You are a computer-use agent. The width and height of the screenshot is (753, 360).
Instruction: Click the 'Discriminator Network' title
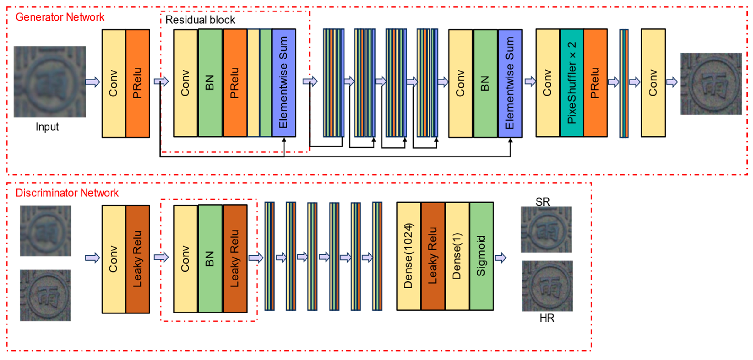[x=67, y=193]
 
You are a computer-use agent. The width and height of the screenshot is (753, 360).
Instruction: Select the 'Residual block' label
[x=200, y=20]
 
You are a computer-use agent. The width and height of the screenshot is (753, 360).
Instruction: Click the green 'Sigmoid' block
[x=481, y=256]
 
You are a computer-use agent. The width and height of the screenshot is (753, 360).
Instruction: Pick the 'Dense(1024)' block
[x=408, y=256]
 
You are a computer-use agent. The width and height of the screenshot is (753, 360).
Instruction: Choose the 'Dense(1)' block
[x=457, y=256]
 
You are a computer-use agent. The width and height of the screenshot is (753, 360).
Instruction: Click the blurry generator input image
[x=50, y=82]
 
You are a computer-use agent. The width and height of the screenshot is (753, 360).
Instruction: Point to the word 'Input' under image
[x=47, y=127]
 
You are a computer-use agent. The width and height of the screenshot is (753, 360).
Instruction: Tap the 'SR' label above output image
[x=543, y=202]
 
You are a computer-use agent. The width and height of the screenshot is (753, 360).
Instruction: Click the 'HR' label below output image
[x=547, y=318]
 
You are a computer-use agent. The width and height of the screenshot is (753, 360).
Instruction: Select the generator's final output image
[x=711, y=84]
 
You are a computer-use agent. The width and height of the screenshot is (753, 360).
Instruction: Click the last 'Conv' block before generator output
[x=653, y=83]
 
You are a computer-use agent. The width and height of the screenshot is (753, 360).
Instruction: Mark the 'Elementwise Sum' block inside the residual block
[x=284, y=83]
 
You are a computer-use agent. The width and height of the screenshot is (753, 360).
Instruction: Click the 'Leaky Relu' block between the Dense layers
[x=433, y=256]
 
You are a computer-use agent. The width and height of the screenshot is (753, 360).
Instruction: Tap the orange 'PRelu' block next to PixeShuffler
[x=595, y=83]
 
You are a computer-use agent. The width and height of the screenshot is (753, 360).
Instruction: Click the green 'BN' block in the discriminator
[x=210, y=258]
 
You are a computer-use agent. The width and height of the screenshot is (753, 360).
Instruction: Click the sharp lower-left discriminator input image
[x=45, y=295]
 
